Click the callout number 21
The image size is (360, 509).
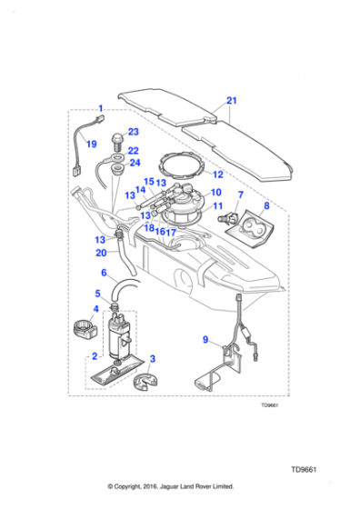(231, 100)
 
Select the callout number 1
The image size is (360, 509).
(100, 110)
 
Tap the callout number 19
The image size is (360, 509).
(91, 144)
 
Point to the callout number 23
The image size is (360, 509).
(133, 132)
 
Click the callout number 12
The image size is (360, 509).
(217, 174)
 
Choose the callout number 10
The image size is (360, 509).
(215, 193)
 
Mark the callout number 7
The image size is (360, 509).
(240, 195)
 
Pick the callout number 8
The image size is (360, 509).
(266, 207)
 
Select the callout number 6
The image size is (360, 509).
(103, 273)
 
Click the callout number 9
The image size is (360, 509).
(205, 341)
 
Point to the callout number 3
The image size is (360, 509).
(153, 359)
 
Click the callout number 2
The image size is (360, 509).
(94, 357)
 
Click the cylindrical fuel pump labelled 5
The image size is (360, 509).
(116, 336)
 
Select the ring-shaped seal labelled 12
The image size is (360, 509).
(181, 166)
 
